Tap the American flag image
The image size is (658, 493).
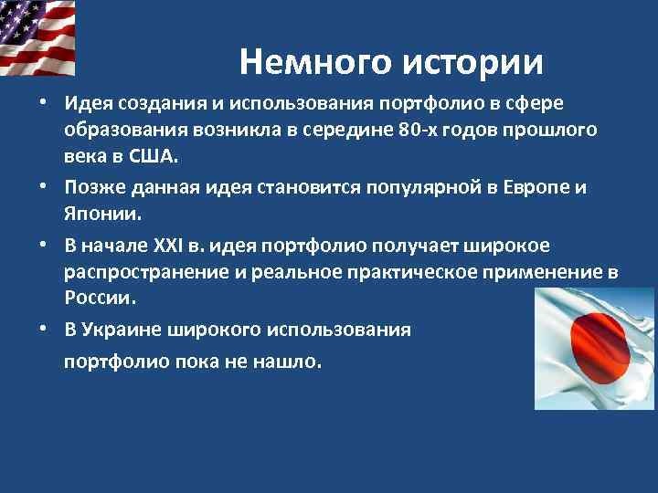(x=38, y=37)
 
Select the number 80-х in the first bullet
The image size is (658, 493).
(x=421, y=130)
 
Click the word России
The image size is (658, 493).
(x=100, y=298)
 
